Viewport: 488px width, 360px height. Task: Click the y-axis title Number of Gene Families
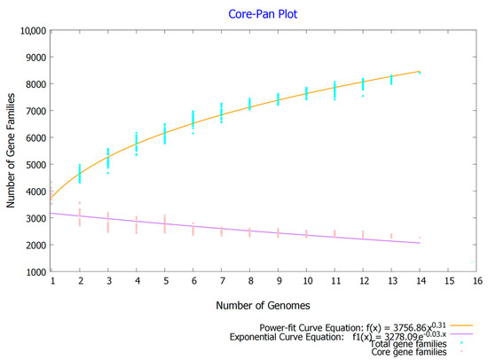click(x=12, y=150)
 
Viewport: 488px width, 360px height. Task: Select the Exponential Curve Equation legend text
click(x=355, y=337)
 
